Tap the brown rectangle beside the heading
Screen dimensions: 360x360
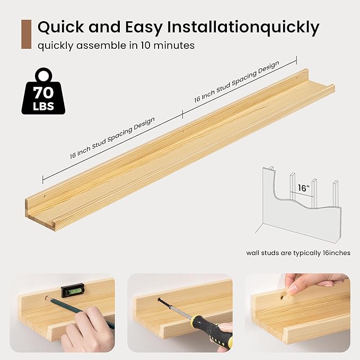coord(26,34)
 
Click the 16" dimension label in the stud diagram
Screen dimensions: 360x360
coord(303,188)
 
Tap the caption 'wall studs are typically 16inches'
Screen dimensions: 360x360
coord(298,252)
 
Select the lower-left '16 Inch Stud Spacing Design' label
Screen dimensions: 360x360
coord(112,138)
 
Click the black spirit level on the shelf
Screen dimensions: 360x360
coord(72,290)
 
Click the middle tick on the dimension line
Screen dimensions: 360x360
coord(182,113)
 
